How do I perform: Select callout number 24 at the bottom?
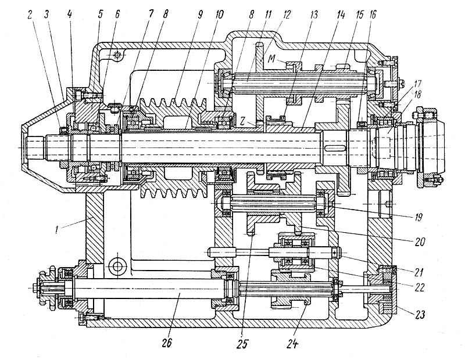click(292, 343)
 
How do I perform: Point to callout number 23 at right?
click(420, 314)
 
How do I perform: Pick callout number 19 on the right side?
click(418, 218)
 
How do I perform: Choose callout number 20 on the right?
click(420, 242)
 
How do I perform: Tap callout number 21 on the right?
click(419, 272)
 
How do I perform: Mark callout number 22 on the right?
click(420, 287)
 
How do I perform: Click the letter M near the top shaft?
click(272, 60)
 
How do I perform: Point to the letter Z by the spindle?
click(242, 121)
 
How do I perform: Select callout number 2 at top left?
click(30, 15)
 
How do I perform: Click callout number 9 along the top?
click(199, 15)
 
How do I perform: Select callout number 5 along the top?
click(100, 15)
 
